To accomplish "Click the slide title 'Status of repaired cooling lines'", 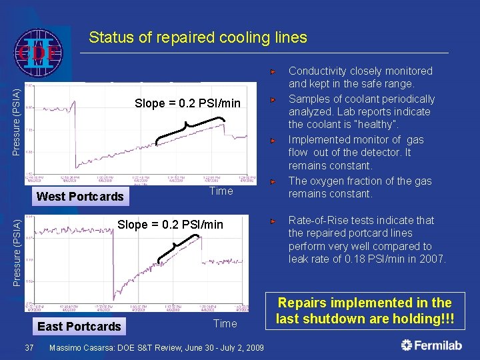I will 198,37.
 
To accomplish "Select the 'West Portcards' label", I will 80,196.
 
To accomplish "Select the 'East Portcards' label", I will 79,326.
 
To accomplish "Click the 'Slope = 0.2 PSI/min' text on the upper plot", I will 187,103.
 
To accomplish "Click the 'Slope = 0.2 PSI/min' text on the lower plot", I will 170,224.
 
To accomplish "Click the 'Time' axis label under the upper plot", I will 221,191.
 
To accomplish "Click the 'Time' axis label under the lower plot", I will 225,323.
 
